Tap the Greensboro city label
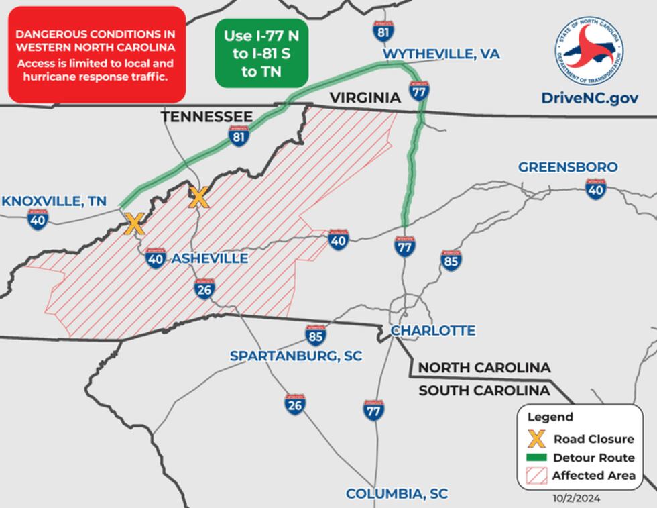(568, 167)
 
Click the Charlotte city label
(432, 330)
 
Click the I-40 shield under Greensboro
(595, 189)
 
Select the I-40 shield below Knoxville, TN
(38, 219)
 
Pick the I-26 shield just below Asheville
(204, 289)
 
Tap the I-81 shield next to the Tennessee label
(238, 136)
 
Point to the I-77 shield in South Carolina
(373, 409)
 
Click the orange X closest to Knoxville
(135, 224)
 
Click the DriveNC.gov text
(589, 98)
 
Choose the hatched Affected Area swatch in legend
(535, 476)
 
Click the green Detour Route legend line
(535, 458)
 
